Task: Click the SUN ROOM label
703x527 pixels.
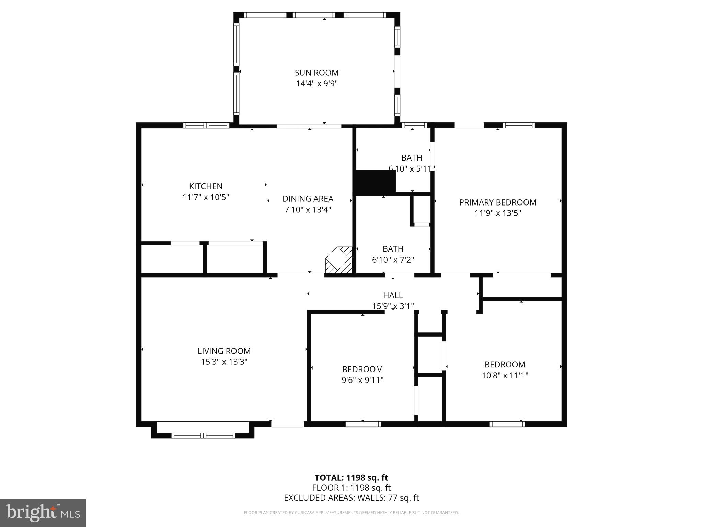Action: coord(316,73)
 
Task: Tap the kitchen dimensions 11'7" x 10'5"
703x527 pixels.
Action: coord(206,197)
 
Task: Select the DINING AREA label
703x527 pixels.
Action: coord(308,199)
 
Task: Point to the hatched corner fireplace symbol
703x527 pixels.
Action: coord(339,260)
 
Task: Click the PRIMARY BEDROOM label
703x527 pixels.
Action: coord(497,202)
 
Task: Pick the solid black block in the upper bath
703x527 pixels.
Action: coord(375,183)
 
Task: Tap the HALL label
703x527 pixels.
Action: coord(393,295)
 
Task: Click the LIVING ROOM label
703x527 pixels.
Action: coord(224,351)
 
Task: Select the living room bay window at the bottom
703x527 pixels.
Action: coord(203,435)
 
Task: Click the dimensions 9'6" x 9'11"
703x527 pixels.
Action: coord(362,380)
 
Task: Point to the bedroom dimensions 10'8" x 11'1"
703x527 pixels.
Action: coord(505,375)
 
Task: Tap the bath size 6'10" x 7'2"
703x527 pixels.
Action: coord(393,260)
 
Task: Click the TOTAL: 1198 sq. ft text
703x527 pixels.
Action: coord(351,478)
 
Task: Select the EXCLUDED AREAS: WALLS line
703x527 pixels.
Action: coord(351,498)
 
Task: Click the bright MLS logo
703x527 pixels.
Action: coord(43,513)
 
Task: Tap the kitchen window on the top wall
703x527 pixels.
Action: coord(206,126)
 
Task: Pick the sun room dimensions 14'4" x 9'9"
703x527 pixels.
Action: coord(316,84)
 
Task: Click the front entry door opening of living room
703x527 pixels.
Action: coord(287,424)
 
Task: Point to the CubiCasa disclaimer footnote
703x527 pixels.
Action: coord(351,513)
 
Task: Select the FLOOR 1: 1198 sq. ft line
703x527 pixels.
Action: coord(351,488)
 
